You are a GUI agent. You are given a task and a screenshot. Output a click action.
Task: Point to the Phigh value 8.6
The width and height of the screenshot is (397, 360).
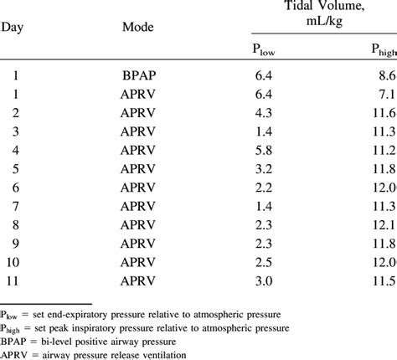click(x=386, y=76)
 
